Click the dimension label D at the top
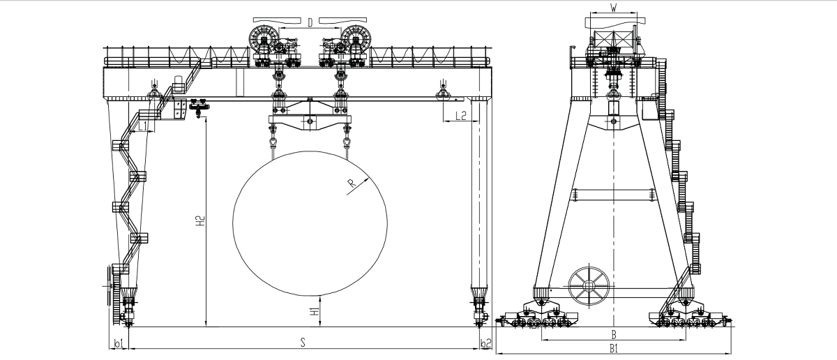(310, 23)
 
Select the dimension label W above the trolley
(613, 7)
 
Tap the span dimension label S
(303, 342)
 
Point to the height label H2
(201, 220)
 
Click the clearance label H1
(315, 311)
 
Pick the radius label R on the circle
(352, 183)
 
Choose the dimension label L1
(143, 126)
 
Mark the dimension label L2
(461, 116)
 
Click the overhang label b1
(118, 343)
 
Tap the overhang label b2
(485, 343)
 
